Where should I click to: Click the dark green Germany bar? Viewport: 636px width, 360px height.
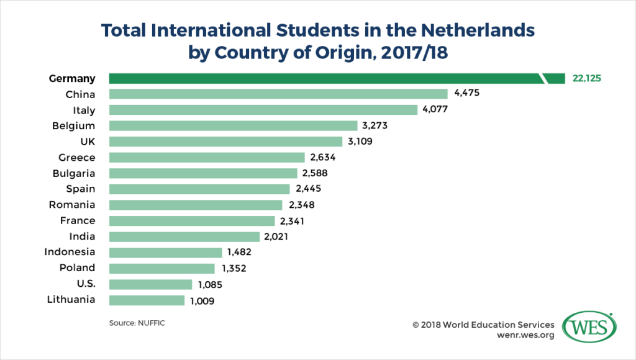(x=323, y=78)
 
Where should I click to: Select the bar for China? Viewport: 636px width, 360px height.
(x=278, y=94)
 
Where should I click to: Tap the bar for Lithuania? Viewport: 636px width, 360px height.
(x=147, y=300)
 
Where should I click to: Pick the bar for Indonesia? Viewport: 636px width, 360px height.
(x=165, y=252)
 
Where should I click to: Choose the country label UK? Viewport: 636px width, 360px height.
(x=86, y=142)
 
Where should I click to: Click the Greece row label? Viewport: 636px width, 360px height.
(x=77, y=157)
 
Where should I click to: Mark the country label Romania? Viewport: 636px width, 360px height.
(x=72, y=204)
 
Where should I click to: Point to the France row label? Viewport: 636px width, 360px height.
(x=78, y=220)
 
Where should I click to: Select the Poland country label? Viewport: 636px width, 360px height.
(x=77, y=268)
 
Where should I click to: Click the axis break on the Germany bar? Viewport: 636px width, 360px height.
(x=544, y=78)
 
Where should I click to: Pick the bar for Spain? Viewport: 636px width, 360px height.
(x=199, y=189)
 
